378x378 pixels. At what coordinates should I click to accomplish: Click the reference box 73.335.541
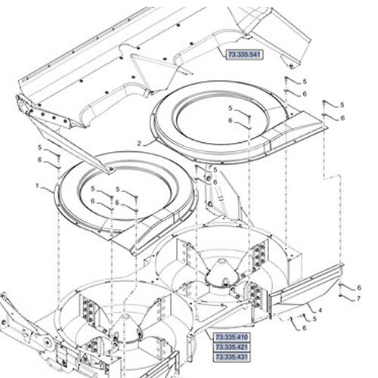pos(244,54)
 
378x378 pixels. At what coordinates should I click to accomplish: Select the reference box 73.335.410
pos(232,337)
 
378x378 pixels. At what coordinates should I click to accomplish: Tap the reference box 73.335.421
pos(232,347)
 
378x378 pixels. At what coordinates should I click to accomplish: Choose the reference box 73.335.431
pos(232,357)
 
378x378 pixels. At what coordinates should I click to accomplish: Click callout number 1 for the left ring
pos(38,186)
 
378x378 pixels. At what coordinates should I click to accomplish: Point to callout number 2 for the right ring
pos(140,144)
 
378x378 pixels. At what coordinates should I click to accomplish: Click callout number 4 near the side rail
pos(320,310)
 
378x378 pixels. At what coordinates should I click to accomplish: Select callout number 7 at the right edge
pos(358,299)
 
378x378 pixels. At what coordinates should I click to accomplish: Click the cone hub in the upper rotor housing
pos(222,274)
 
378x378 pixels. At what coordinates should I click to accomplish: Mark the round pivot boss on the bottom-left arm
pos(47,342)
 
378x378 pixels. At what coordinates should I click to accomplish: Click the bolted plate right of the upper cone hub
pos(258,256)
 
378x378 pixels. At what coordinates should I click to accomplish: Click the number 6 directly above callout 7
pos(359,287)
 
